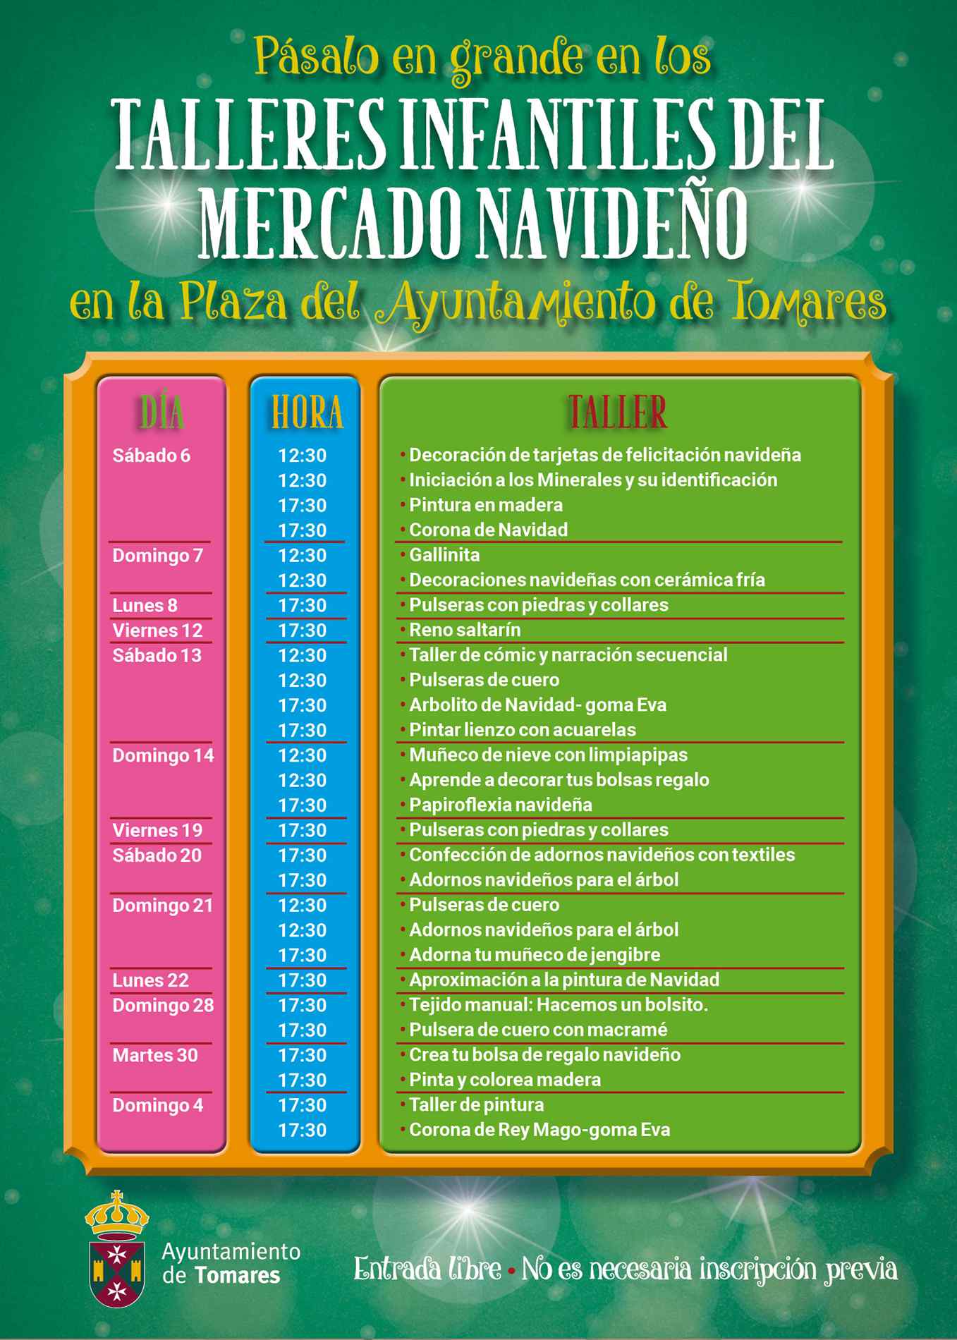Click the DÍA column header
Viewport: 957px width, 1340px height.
coord(162,413)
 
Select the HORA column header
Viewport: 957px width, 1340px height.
coord(307,413)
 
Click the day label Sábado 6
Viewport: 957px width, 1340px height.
coord(152,456)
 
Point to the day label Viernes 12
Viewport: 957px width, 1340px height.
coord(157,631)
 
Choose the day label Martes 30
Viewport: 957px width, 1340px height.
coord(155,1056)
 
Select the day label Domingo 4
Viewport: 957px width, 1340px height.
coord(157,1106)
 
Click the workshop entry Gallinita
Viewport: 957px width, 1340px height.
coord(444,555)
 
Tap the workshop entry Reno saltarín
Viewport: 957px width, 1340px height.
coord(465,630)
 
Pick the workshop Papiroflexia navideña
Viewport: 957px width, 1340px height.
coord(500,805)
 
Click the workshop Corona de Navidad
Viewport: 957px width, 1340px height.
coord(488,530)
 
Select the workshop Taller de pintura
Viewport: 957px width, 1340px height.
coord(476,1105)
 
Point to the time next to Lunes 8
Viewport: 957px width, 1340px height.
coord(302,606)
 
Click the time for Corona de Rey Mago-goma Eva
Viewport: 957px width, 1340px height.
coord(302,1131)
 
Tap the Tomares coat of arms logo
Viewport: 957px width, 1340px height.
coord(116,1248)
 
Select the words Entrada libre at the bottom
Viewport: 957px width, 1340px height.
coord(427,1269)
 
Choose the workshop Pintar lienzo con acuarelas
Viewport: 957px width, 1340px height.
coord(522,730)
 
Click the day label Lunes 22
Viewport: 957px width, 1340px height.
coord(150,980)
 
